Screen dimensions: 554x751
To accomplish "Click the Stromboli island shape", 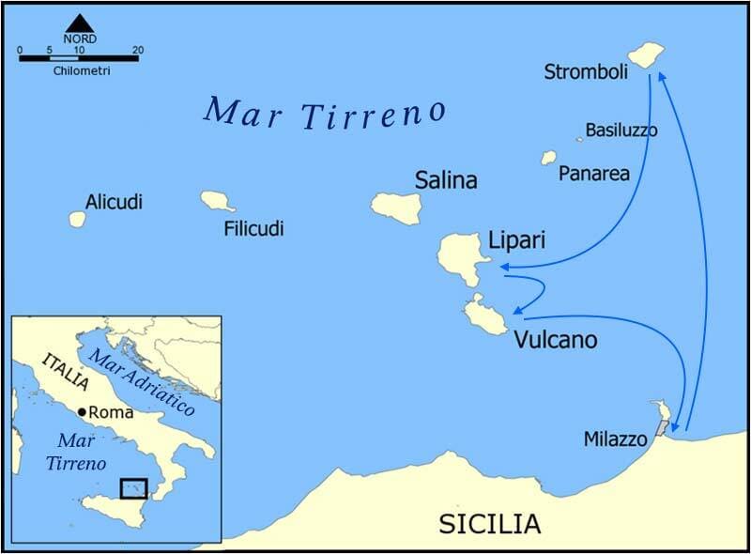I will coord(646,55).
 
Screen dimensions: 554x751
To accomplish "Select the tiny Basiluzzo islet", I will coord(580,139).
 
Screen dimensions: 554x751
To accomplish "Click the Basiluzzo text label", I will coord(621,130).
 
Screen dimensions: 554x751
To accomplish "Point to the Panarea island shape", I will coord(548,158).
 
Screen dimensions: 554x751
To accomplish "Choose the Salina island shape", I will coord(396,208).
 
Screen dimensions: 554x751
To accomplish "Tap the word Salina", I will coord(446,180).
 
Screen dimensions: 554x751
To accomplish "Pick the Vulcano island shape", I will coord(484,315).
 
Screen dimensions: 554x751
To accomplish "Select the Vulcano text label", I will coord(555,340).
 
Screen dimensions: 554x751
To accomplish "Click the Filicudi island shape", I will coord(217,201).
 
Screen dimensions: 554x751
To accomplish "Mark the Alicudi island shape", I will coord(77,219).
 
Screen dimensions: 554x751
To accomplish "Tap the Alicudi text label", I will coord(114,201).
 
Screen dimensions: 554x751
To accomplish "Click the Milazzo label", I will coord(615,439).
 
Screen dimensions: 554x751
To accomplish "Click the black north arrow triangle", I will coord(79,23).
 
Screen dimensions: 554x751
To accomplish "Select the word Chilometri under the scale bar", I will coord(79,71).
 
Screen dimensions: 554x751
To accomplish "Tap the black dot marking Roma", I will coord(83,412).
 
